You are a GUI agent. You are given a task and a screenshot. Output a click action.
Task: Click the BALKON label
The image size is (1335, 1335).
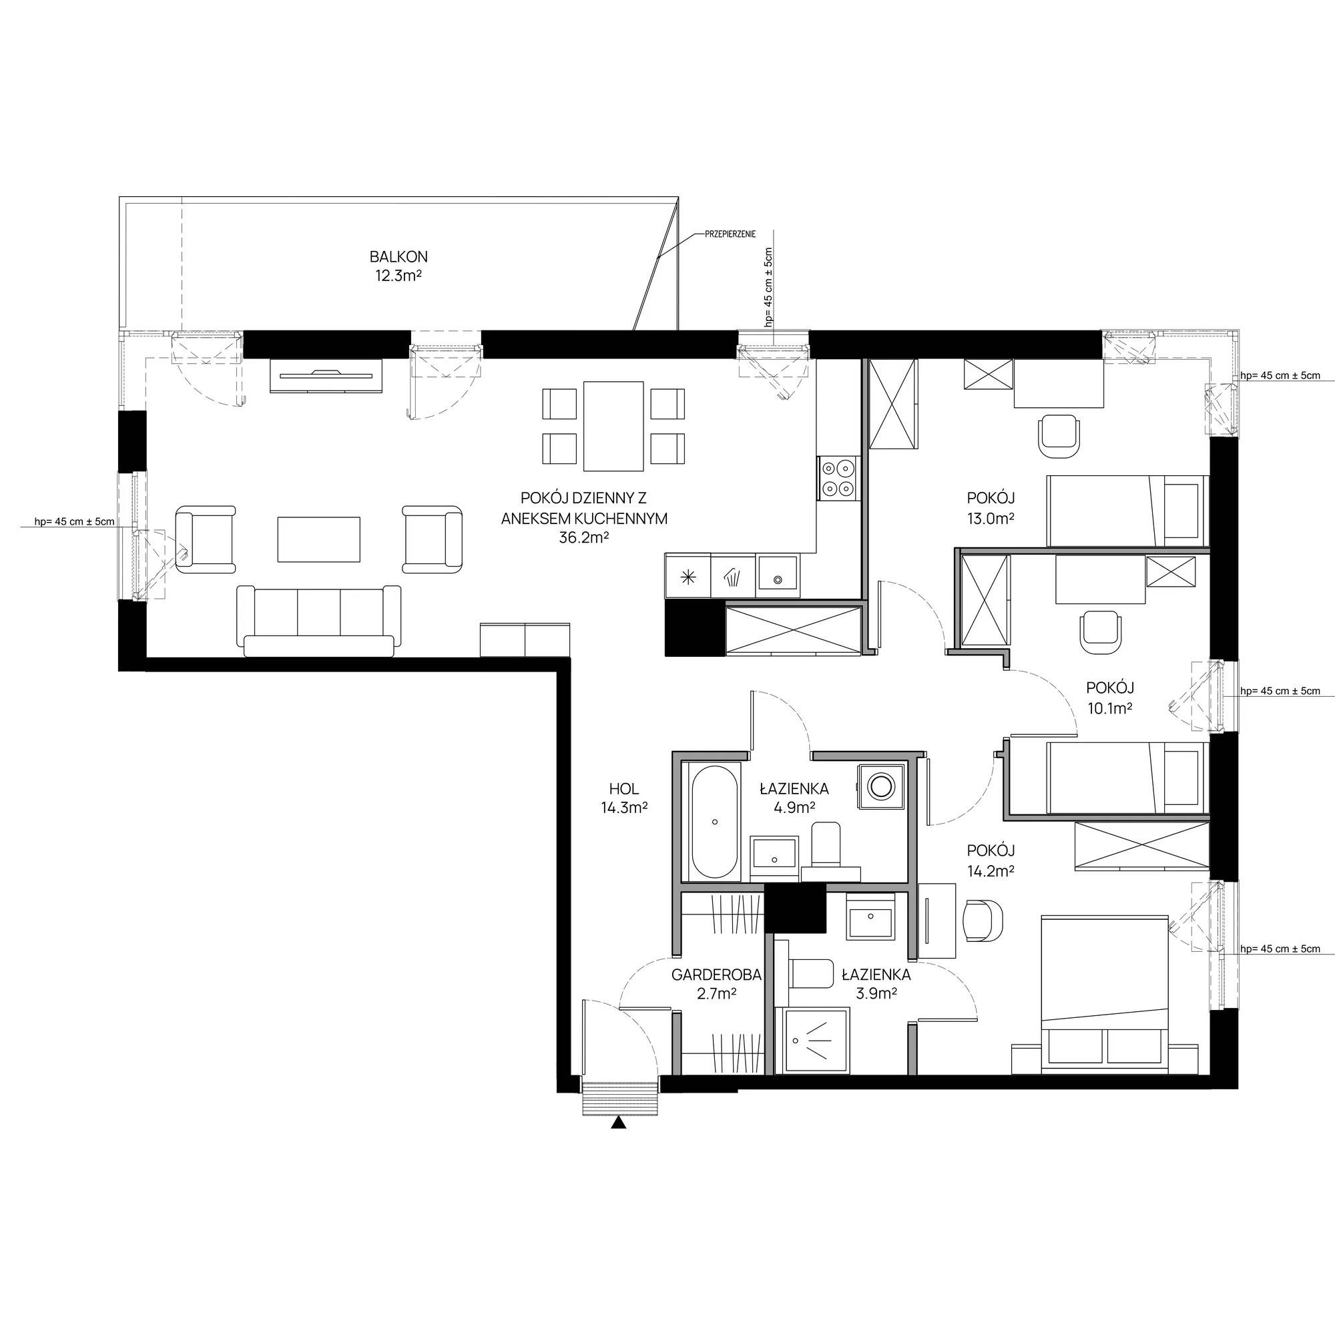[398, 256]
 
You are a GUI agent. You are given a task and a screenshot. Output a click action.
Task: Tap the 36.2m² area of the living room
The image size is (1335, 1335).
[584, 537]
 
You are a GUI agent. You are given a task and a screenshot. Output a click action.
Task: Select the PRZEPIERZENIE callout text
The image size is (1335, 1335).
[730, 234]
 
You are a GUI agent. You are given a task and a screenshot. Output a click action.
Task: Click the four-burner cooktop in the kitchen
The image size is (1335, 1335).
[838, 478]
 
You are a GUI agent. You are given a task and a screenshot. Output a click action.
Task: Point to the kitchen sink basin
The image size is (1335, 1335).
[778, 576]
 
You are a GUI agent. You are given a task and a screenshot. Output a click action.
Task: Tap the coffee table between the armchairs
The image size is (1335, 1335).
[319, 539]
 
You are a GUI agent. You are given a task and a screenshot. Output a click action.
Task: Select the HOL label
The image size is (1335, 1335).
[624, 788]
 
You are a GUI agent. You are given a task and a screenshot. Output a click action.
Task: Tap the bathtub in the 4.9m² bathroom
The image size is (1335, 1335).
[714, 822]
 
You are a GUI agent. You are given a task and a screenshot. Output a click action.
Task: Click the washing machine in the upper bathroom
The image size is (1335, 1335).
[880, 785]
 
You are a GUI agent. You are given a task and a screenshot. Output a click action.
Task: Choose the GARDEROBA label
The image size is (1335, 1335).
[716, 975]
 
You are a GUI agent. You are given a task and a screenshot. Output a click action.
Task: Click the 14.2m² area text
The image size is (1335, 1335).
[991, 871]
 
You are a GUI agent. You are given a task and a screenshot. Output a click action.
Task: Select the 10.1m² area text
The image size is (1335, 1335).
[1110, 708]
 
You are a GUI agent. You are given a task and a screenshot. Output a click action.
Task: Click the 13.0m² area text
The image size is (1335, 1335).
[991, 518]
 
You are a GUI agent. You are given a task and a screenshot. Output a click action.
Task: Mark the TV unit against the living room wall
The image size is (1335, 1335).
[326, 376]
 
